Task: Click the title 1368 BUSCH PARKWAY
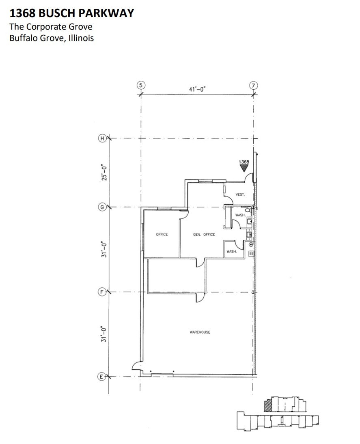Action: pyautogui.click(x=71, y=13)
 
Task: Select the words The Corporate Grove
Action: pyautogui.click(x=51, y=27)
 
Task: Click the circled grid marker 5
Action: pyautogui.click(x=140, y=85)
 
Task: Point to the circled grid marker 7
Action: pyautogui.click(x=253, y=85)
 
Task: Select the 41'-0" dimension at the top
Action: pyautogui.click(x=197, y=89)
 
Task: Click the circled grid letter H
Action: pyautogui.click(x=102, y=138)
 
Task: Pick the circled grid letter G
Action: pyautogui.click(x=102, y=207)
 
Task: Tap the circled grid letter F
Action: pyautogui.click(x=102, y=291)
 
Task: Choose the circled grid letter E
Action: pyautogui.click(x=102, y=377)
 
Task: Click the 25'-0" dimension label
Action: pyautogui.click(x=105, y=172)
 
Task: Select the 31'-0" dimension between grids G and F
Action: pyautogui.click(x=105, y=249)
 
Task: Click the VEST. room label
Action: pyautogui.click(x=240, y=195)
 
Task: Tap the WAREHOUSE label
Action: pyautogui.click(x=200, y=332)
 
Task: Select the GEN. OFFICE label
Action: pyautogui.click(x=204, y=235)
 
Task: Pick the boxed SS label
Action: pyautogui.click(x=251, y=254)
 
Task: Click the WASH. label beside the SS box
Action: pyautogui.click(x=232, y=252)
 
